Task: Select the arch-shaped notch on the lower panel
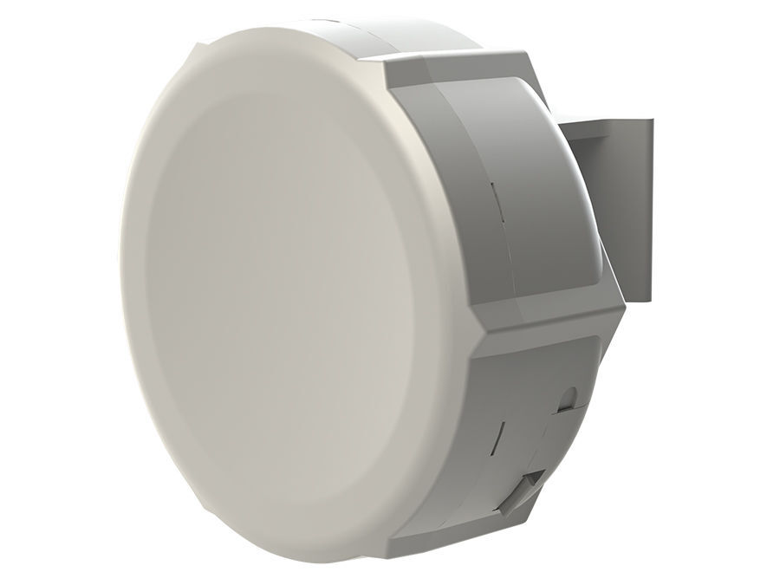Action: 568,397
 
